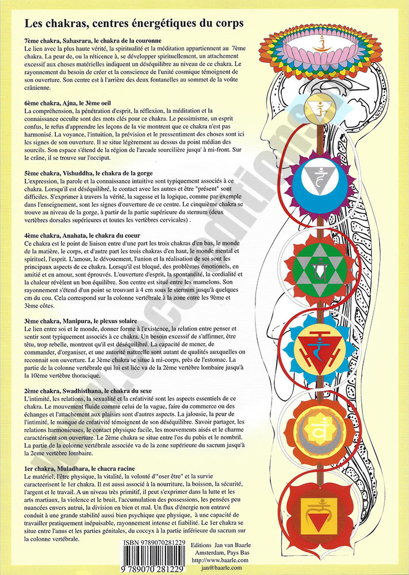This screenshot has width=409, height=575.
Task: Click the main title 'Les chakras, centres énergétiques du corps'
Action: pos(134,24)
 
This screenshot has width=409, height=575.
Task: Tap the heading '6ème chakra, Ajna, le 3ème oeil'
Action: pos(67,103)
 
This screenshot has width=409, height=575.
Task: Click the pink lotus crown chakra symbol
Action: pos(320,50)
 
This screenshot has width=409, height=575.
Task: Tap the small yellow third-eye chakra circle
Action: pos(320,109)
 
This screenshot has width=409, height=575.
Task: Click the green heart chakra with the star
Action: pos(319,270)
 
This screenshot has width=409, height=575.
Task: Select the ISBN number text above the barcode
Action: pos(154,543)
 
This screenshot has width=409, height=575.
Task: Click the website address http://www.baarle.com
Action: pos(220,560)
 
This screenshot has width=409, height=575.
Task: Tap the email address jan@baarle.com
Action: pos(220,568)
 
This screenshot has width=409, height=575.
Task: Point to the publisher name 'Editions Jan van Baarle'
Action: pos(220,545)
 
